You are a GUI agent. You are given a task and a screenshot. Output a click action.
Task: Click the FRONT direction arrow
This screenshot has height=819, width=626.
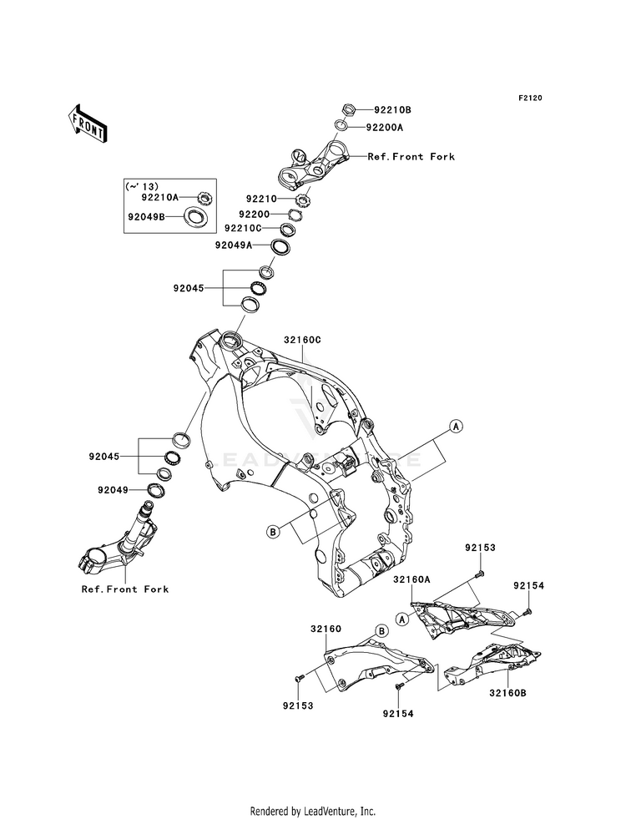click(88, 124)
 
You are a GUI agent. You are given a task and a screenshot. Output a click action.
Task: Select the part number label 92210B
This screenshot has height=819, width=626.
click(392, 110)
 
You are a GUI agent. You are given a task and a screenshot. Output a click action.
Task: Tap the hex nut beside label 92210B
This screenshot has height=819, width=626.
click(349, 109)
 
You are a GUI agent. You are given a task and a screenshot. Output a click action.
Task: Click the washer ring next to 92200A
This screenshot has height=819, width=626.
click(340, 126)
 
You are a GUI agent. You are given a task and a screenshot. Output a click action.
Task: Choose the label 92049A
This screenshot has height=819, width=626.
click(234, 245)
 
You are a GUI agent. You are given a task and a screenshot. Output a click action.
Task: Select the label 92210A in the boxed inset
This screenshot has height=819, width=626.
click(160, 197)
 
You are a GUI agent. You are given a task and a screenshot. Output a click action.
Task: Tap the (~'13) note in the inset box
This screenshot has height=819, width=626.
click(142, 186)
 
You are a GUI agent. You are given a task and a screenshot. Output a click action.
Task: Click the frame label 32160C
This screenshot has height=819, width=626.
click(303, 340)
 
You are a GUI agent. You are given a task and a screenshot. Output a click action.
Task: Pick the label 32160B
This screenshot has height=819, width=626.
click(508, 693)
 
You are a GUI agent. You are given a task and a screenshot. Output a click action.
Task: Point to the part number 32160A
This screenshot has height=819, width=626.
click(412, 579)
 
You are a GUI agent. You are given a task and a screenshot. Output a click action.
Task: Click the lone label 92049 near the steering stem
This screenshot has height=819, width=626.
click(113, 490)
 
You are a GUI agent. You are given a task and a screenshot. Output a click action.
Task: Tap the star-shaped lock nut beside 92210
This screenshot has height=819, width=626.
click(302, 200)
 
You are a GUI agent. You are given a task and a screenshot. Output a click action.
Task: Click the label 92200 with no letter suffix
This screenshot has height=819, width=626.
click(255, 215)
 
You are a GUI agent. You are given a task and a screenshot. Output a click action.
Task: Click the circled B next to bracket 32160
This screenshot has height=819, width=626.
click(382, 631)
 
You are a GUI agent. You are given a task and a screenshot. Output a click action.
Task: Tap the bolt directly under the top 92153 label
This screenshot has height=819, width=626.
click(479, 575)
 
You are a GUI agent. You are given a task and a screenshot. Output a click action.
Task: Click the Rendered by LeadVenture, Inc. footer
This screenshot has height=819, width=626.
click(313, 811)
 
